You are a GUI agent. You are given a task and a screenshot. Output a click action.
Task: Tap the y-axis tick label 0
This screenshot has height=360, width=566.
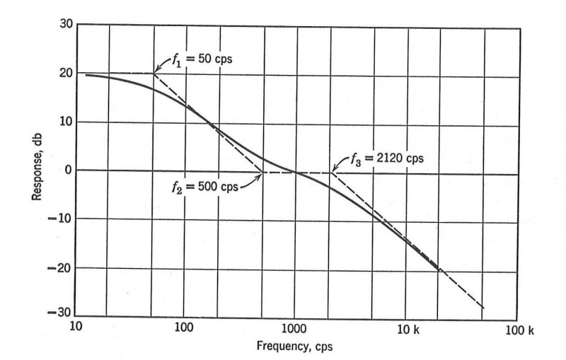point(66,170)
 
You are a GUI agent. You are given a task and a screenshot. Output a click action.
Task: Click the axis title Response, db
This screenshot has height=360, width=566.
point(37,170)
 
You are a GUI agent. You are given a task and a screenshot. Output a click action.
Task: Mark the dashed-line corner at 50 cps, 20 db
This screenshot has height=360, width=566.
point(154,73)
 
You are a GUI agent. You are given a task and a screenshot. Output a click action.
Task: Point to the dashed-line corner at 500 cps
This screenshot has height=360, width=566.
point(262,173)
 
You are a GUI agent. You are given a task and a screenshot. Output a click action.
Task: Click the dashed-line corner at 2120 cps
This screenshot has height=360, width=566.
point(330,173)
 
